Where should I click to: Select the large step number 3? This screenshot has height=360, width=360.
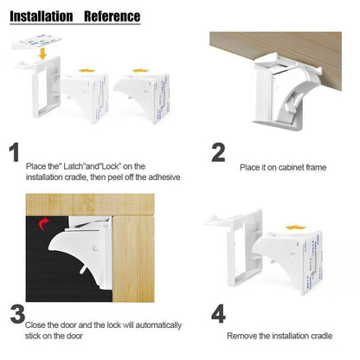coord(16,312)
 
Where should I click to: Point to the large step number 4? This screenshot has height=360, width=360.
coord(218,312)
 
